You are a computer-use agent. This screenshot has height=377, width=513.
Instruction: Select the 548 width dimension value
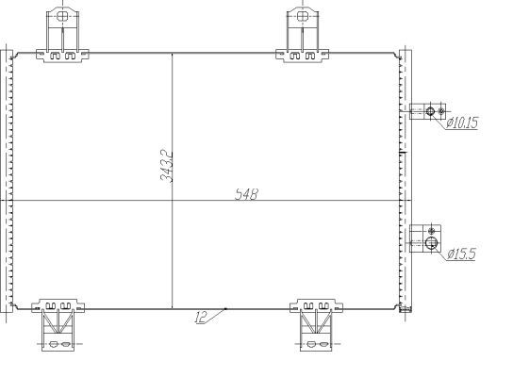tap(247, 195)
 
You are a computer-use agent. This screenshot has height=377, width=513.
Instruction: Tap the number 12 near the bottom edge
tap(200, 319)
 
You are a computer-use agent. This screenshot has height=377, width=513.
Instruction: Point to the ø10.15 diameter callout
tap(462, 123)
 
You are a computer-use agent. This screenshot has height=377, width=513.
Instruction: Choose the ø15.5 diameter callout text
tap(461, 254)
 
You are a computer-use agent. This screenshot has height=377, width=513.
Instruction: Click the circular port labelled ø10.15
tap(431, 112)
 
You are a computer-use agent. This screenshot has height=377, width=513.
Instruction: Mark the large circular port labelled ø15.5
tap(432, 243)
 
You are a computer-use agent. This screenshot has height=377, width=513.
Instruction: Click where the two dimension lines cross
tap(172, 200)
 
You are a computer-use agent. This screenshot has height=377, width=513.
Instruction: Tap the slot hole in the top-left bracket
tap(62, 16)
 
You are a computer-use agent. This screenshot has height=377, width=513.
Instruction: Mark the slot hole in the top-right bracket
tap(302, 16)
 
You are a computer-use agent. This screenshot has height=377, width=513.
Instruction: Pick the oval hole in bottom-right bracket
tap(313, 346)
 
